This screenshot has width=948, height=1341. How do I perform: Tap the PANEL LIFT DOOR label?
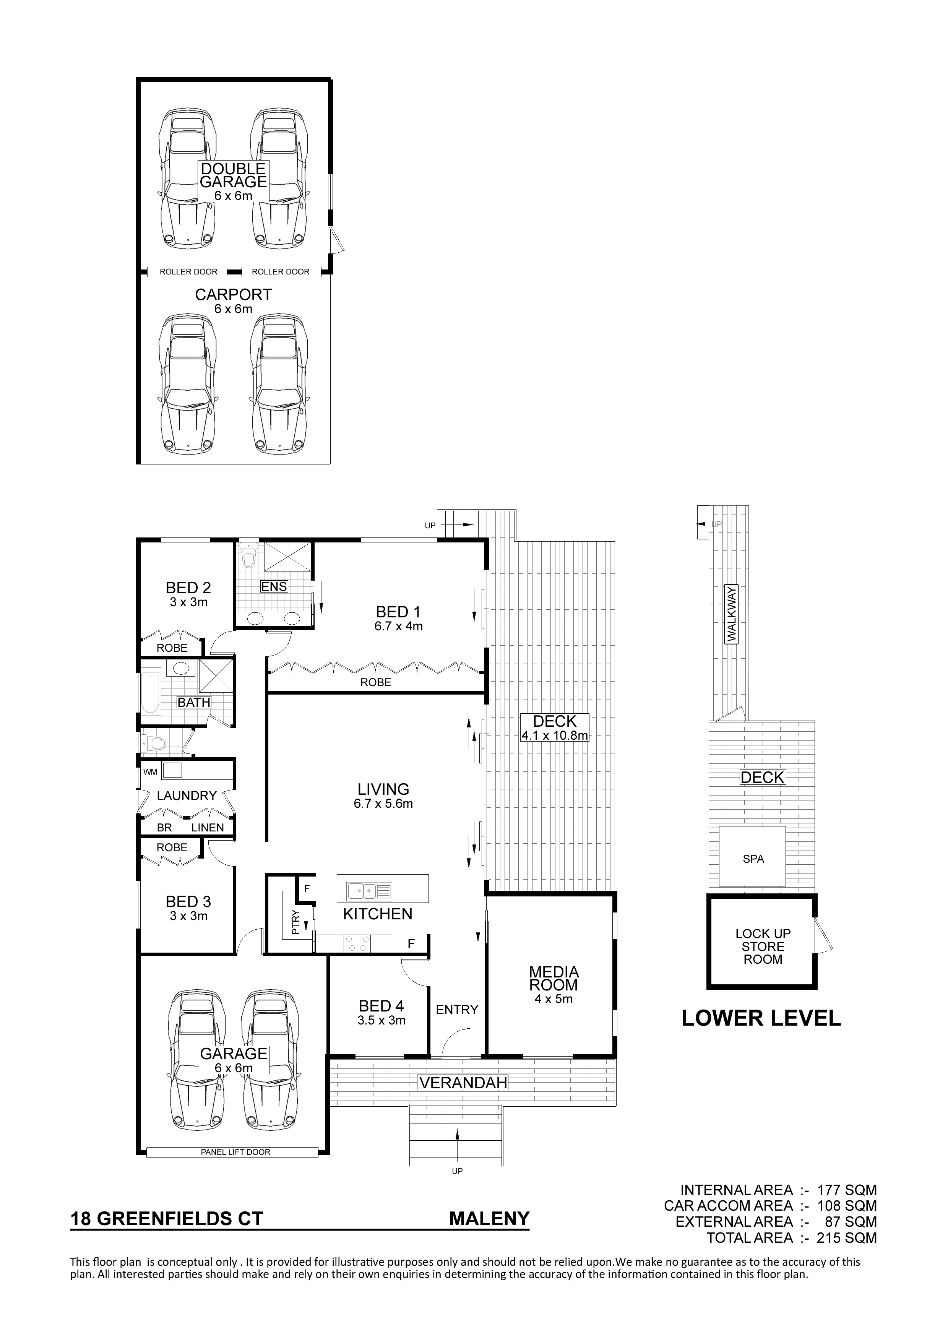(235, 1152)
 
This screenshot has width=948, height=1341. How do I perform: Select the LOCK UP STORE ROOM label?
(763, 946)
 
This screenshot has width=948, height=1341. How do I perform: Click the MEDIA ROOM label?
(554, 978)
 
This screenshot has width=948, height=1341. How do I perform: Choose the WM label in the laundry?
(151, 772)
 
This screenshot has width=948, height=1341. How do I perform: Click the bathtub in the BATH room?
(149, 693)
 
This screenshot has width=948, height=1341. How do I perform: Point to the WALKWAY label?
(731, 614)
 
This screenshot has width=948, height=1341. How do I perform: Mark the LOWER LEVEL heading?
(762, 1018)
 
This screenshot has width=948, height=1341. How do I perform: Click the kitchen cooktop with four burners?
(357, 943)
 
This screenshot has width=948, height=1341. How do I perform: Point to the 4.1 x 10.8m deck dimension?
(554, 735)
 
